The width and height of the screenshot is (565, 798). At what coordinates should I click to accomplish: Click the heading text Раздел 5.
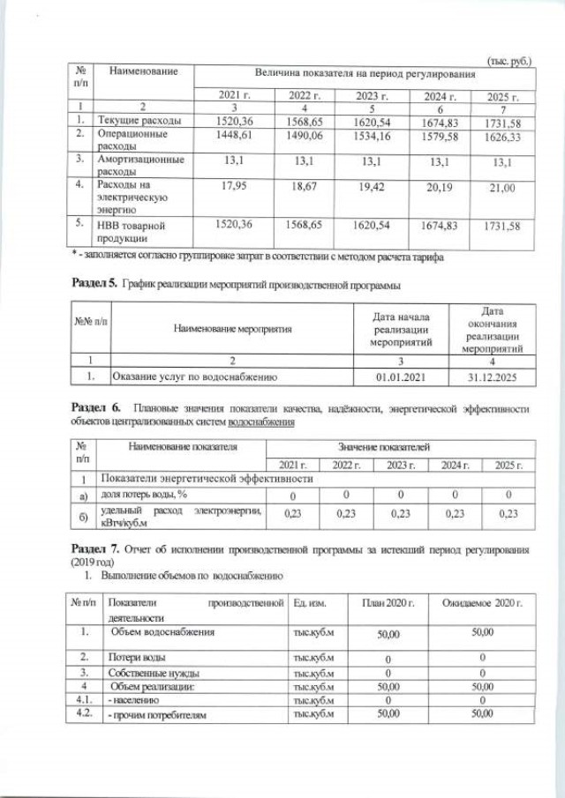[x=94, y=285]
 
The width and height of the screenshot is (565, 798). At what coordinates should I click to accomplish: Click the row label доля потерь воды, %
[x=147, y=496]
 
